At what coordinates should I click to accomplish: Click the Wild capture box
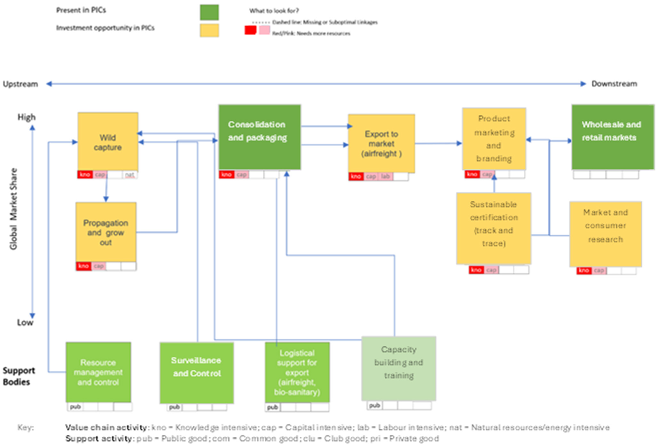(x=108, y=142)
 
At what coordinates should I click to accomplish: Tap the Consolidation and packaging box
(x=259, y=137)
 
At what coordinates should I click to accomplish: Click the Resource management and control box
(x=98, y=372)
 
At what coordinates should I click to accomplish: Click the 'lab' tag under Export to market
(x=385, y=177)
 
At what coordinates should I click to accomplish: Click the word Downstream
(x=614, y=84)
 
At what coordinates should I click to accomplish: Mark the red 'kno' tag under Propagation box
(x=83, y=266)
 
